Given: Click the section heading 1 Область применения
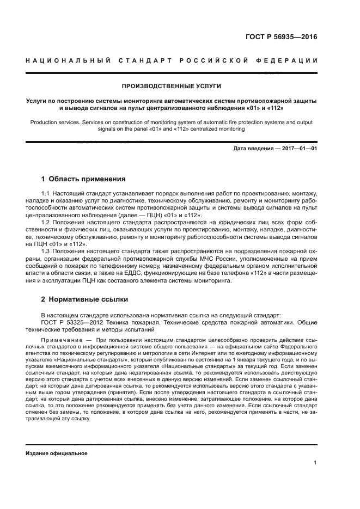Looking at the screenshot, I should tap(83, 179).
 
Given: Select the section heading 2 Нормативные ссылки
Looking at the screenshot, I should tap(86, 299).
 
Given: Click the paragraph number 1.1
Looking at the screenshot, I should tap(45, 194).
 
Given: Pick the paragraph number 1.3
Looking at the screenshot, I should tap(45, 250).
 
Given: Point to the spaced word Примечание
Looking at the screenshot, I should tap(60, 340).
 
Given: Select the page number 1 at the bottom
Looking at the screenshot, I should tap(315, 463).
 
